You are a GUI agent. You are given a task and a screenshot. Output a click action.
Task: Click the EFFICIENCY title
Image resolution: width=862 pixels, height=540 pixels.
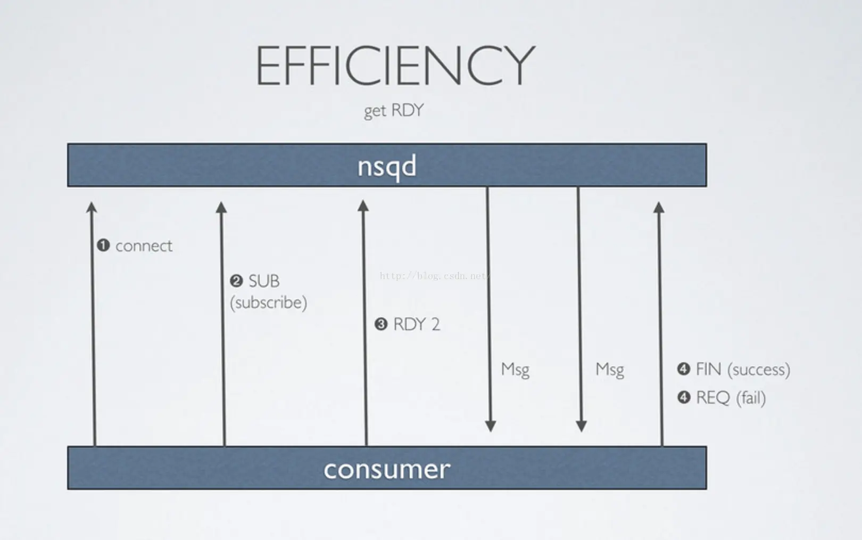click(x=395, y=66)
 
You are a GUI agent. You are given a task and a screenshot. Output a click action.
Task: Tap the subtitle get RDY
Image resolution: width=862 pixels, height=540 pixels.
click(x=394, y=110)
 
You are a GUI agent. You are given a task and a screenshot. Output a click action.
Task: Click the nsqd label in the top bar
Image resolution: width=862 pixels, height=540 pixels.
click(x=387, y=166)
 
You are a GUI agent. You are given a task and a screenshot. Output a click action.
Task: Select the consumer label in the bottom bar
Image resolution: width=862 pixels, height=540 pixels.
click(x=387, y=469)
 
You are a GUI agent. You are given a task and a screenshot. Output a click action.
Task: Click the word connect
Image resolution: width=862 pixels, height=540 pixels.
click(x=144, y=246)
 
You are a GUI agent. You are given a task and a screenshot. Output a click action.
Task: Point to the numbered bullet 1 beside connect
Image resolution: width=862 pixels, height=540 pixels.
click(x=103, y=246)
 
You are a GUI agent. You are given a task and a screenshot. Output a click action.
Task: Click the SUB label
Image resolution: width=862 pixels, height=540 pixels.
click(x=264, y=281)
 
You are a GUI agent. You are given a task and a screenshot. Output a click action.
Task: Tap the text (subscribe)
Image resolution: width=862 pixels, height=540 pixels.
click(x=268, y=302)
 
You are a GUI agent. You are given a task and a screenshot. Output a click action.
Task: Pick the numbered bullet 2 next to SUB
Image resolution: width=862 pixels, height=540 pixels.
click(x=236, y=281)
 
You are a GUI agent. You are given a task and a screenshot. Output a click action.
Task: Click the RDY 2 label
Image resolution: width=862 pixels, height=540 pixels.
click(x=417, y=324)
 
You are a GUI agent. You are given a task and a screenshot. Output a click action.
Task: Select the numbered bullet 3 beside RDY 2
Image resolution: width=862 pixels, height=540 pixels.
click(x=381, y=324)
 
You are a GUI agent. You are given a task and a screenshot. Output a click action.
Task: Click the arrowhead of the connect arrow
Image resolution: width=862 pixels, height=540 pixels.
click(x=92, y=207)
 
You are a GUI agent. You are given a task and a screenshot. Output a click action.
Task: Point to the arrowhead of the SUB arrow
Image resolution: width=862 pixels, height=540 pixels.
click(x=221, y=207)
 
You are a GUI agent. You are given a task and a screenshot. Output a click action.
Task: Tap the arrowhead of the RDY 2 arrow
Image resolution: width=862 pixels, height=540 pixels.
click(x=363, y=206)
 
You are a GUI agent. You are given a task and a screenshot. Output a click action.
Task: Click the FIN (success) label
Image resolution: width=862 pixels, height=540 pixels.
click(x=743, y=369)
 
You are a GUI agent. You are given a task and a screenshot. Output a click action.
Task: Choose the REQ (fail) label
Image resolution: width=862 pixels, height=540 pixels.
click(x=731, y=398)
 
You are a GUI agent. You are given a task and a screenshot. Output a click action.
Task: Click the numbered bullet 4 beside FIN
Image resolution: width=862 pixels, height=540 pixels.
click(x=684, y=369)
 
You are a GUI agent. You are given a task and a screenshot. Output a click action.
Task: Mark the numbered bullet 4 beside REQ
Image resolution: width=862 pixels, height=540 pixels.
click(x=684, y=397)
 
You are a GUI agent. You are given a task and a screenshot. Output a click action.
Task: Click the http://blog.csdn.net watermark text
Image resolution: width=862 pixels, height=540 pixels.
click(x=434, y=276)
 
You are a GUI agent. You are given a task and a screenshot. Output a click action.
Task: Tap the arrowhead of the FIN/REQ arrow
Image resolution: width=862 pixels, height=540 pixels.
click(x=659, y=207)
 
